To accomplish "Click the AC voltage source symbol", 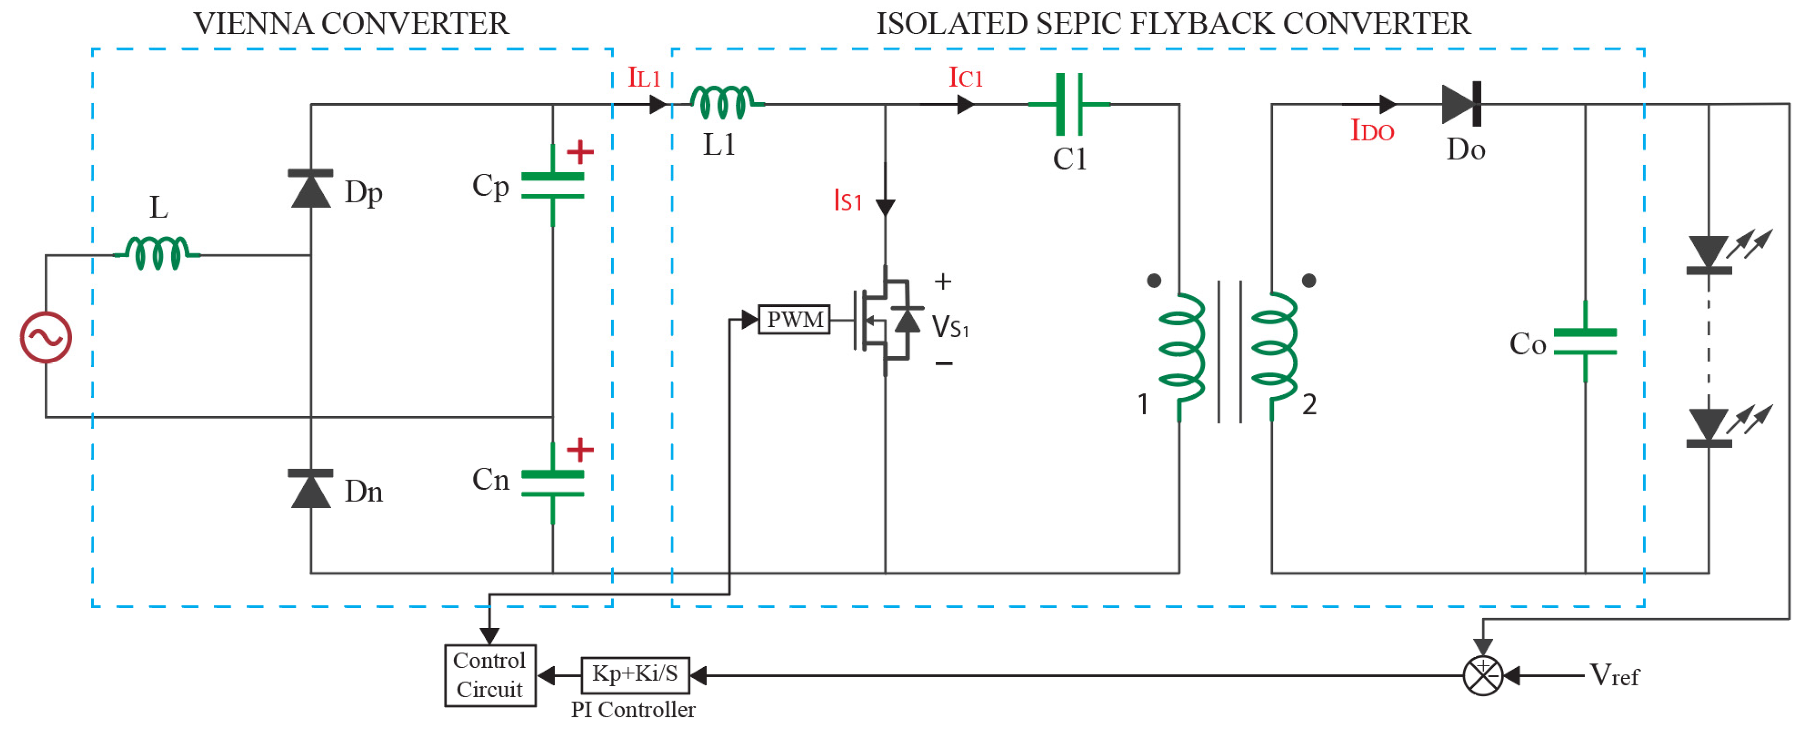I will pyautogui.click(x=46, y=337).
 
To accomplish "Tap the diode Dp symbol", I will pyautogui.click(x=311, y=189).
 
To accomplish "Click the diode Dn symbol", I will pyautogui.click(x=311, y=488).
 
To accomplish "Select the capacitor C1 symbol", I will pyautogui.click(x=1069, y=104).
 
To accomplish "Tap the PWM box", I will pyautogui.click(x=794, y=319).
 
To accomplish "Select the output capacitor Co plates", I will pyautogui.click(x=1585, y=342).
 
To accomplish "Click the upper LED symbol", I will pyautogui.click(x=1709, y=253).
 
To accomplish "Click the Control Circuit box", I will pyautogui.click(x=490, y=675).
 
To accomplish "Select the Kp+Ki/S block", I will pyautogui.click(x=635, y=675).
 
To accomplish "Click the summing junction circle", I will pyautogui.click(x=1482, y=675).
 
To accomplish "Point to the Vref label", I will pyautogui.click(x=1614, y=675).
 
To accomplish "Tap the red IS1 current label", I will pyautogui.click(x=848, y=201).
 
